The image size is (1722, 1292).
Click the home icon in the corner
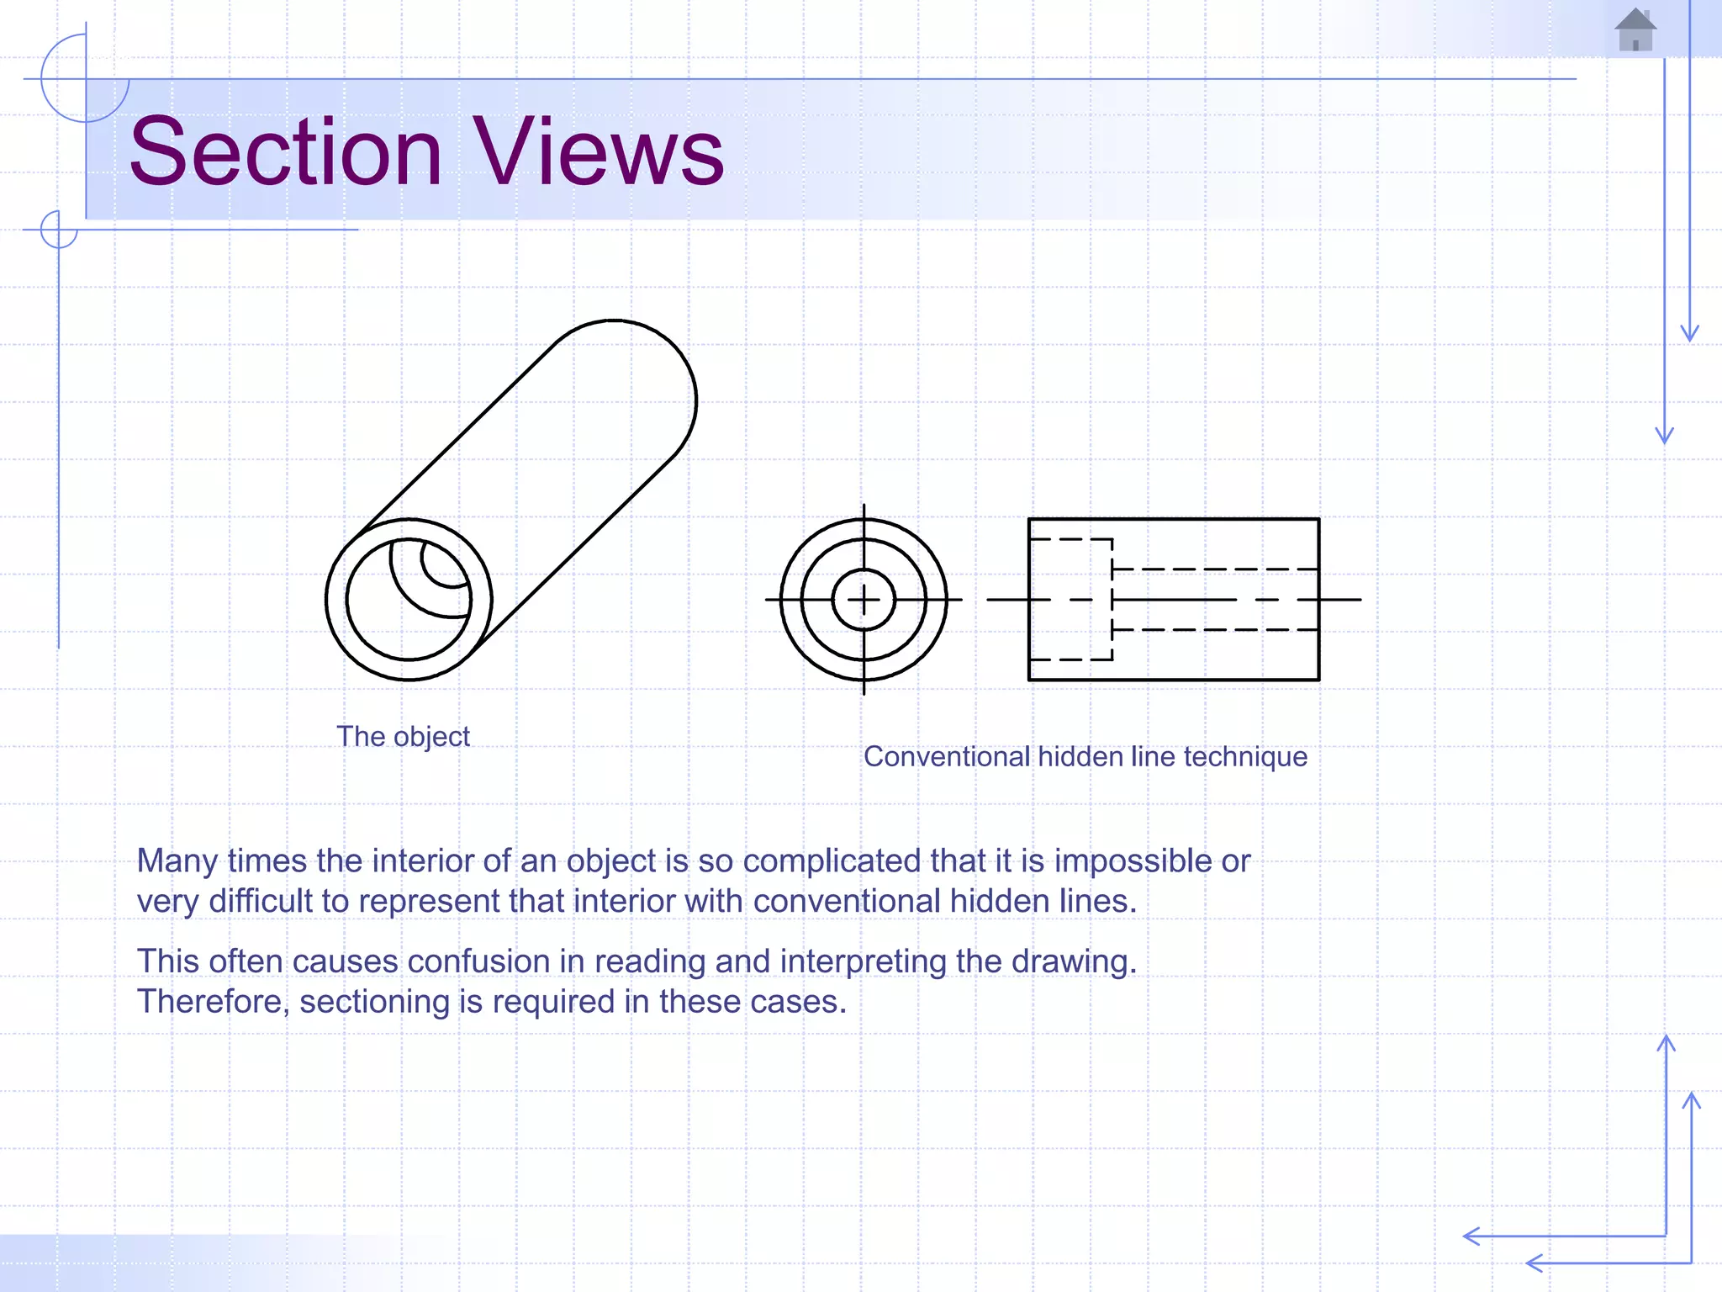pos(1635,30)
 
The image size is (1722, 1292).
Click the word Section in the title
pos(286,153)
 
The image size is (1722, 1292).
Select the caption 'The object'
pos(403,737)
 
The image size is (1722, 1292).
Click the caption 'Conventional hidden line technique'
pos(1085,757)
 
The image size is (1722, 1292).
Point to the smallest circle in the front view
pos(864,600)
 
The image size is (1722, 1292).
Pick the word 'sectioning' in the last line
pos(374,1002)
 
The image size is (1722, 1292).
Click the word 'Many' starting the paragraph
pos(177,861)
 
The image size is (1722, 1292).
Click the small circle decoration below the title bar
pos(59,230)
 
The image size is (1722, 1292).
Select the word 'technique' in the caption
pos(1245,757)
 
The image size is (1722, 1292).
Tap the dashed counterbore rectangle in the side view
pos(1070,599)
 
